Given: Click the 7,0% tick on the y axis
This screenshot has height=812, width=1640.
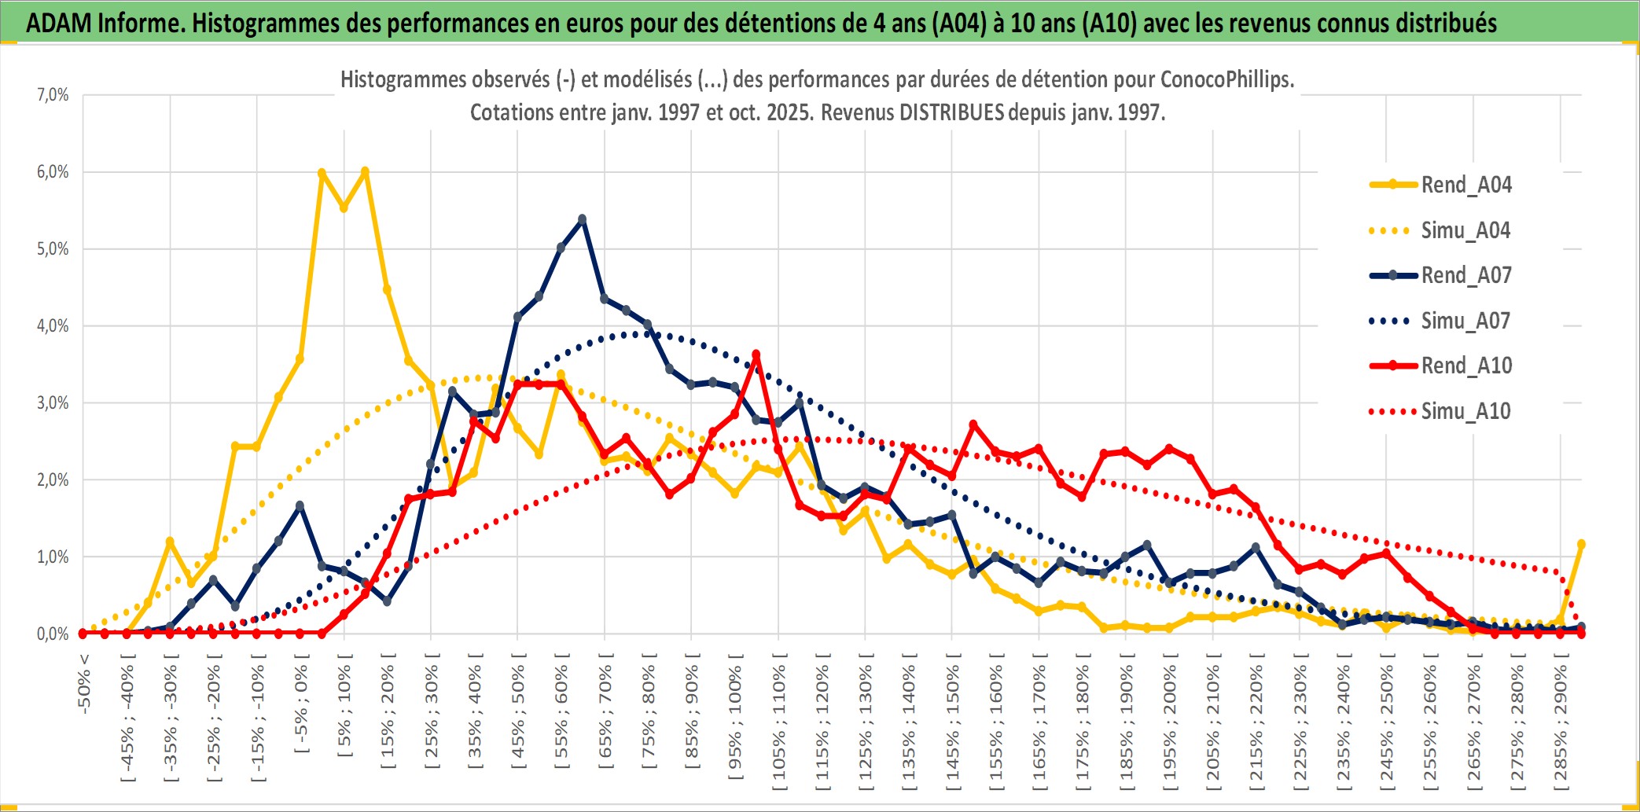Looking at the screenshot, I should [53, 95].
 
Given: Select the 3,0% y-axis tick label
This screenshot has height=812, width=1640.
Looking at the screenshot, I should [53, 403].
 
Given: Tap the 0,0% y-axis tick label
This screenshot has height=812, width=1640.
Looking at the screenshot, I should [53, 634].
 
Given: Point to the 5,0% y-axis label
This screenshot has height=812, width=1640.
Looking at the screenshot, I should [53, 249].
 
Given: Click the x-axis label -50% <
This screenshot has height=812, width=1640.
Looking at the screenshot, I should [84, 684].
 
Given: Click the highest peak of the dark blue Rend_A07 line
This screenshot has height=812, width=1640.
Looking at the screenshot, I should [582, 219].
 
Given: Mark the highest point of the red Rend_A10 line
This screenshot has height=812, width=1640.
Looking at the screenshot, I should [756, 355].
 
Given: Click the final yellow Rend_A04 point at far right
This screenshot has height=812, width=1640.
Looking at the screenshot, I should [1581, 544].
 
